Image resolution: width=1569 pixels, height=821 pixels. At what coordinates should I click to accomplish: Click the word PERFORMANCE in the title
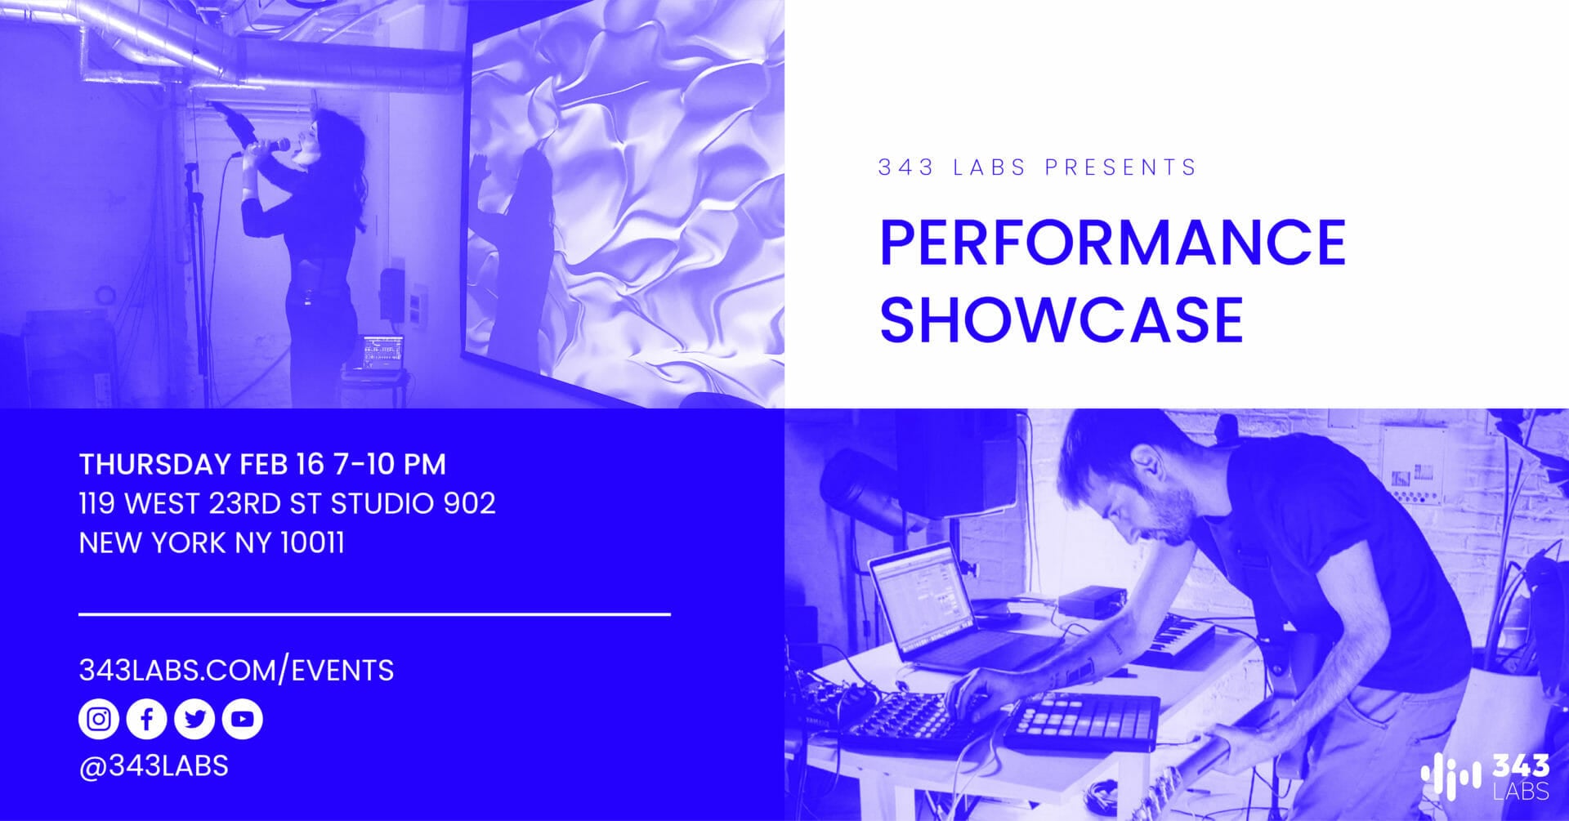(1112, 242)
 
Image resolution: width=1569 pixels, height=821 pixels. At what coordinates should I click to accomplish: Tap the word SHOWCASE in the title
(1061, 319)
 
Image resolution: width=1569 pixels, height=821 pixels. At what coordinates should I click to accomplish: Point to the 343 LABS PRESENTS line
(1036, 167)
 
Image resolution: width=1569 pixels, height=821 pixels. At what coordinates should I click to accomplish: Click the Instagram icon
(99, 719)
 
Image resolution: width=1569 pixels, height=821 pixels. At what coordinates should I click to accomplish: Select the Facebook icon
(147, 719)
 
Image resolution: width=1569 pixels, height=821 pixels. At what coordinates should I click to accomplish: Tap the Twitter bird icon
(194, 719)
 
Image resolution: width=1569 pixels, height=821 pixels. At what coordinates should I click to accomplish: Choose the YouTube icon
(242, 719)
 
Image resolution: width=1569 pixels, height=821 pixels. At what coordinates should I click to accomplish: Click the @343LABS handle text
(154, 766)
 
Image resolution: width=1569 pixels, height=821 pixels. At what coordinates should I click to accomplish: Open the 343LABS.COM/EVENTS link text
(236, 671)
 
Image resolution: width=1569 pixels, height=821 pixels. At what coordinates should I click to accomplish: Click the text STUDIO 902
(413, 503)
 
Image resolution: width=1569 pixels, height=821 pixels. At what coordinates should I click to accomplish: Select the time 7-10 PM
(390, 464)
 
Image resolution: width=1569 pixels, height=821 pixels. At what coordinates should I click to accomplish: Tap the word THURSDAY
(154, 464)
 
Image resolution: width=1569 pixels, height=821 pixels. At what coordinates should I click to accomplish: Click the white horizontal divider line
(374, 614)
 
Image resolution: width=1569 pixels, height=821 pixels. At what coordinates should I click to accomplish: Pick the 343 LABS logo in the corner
(1485, 776)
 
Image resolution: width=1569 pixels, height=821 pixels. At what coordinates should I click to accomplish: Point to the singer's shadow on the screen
(523, 245)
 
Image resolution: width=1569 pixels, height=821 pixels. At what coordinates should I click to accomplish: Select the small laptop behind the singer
(382, 353)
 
